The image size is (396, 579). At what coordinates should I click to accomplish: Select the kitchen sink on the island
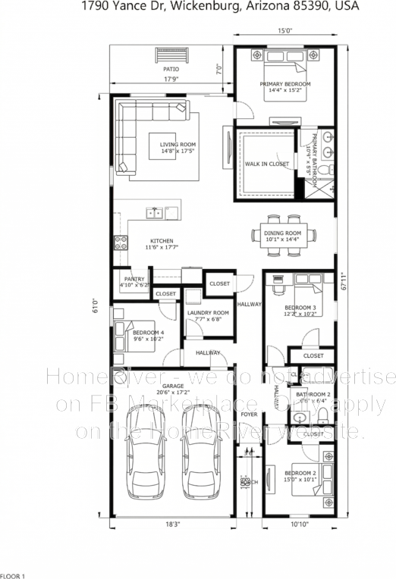click(155, 213)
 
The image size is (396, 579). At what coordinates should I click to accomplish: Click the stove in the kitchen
click(120, 243)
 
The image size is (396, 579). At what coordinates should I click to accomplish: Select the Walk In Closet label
click(266, 164)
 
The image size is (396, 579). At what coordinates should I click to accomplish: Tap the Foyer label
click(249, 415)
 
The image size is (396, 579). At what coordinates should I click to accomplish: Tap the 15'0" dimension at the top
click(284, 32)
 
